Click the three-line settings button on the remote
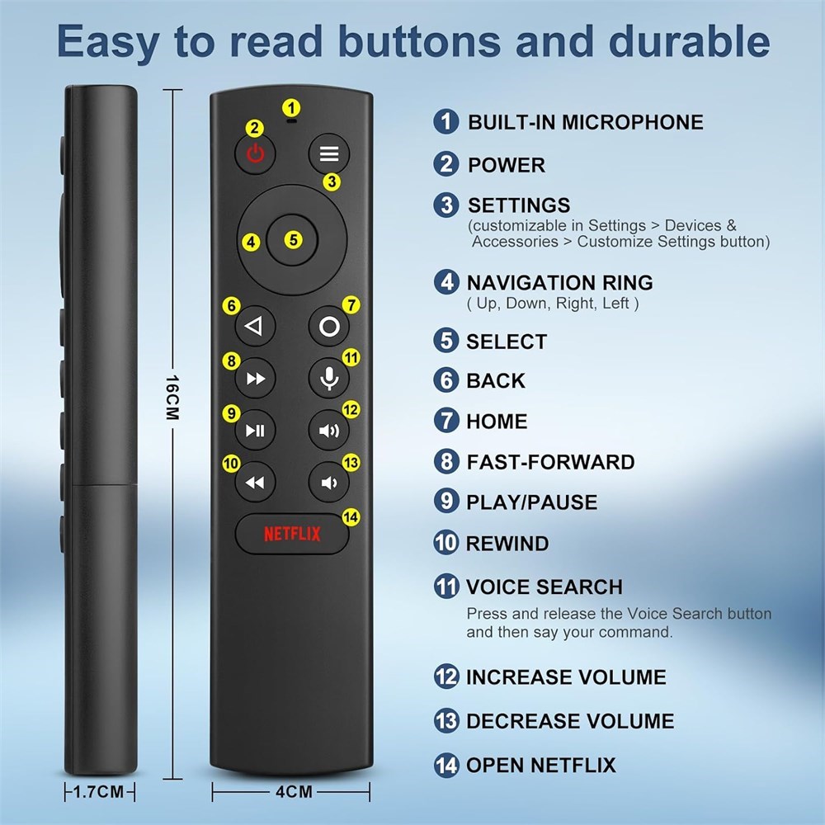click(x=329, y=153)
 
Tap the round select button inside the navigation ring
click(x=292, y=240)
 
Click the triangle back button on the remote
click(x=255, y=326)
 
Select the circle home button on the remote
click(x=329, y=326)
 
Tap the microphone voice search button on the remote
click(x=329, y=378)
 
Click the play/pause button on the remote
click(x=255, y=431)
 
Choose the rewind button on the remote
click(x=255, y=482)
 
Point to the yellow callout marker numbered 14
click(x=351, y=517)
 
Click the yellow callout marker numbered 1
click(x=291, y=108)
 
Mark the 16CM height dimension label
click(x=172, y=398)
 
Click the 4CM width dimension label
click(x=294, y=791)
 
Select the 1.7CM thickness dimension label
click(x=98, y=791)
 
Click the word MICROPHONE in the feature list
click(x=633, y=122)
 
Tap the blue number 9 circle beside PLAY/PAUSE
click(x=446, y=502)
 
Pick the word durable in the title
click(x=689, y=41)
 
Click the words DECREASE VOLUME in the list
click(x=570, y=721)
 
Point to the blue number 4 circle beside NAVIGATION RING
click(x=446, y=282)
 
